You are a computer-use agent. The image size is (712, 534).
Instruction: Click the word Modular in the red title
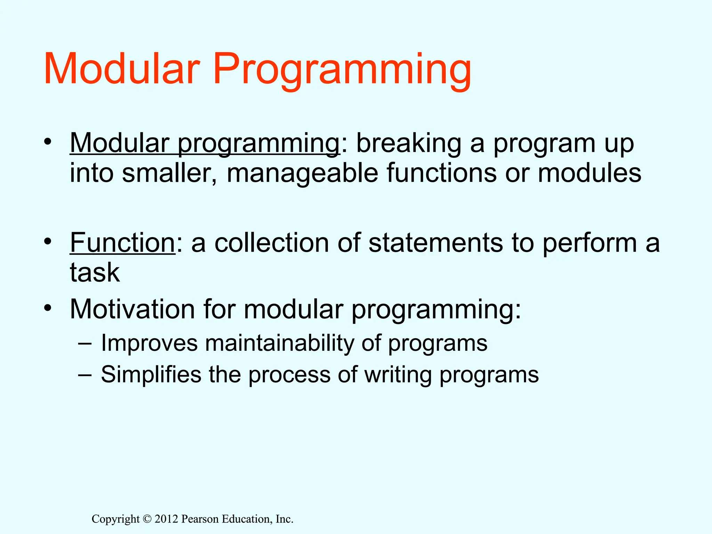(122, 68)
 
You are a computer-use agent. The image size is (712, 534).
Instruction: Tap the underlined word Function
(122, 242)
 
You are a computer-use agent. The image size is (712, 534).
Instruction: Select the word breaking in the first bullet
(409, 143)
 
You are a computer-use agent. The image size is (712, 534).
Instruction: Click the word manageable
(302, 173)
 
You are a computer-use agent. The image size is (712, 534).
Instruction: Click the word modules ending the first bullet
(589, 173)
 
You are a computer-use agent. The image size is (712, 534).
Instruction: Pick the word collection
(272, 242)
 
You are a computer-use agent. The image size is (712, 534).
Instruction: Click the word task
(95, 272)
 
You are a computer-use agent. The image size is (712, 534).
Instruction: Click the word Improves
(149, 343)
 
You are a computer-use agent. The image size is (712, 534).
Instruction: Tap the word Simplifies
(151, 374)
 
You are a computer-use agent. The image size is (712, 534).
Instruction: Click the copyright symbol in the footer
(147, 519)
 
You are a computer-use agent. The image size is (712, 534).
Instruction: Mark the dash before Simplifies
(85, 375)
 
